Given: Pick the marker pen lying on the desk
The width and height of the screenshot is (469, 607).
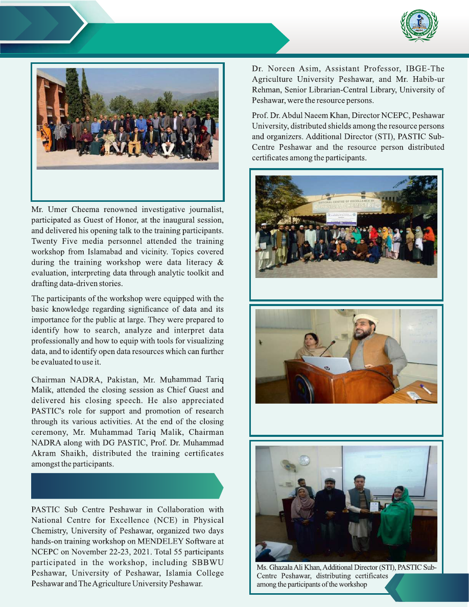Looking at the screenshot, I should (425, 389).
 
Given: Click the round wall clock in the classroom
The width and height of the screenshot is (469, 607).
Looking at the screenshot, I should (305, 460).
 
